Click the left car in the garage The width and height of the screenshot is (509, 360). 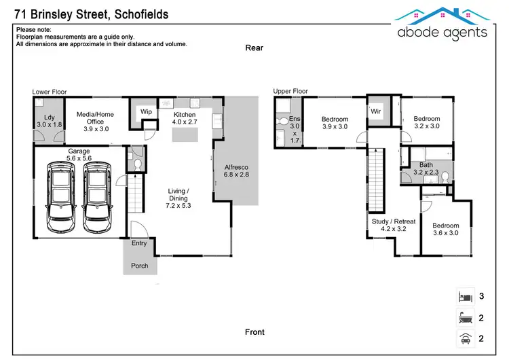click(58, 197)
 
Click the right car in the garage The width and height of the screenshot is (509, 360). click(97, 197)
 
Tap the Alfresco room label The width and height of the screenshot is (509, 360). click(237, 170)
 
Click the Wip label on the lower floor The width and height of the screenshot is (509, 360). click(146, 112)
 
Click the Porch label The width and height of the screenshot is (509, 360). click(139, 266)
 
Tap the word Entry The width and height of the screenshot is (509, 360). click(138, 243)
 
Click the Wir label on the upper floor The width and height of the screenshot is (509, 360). click(375, 111)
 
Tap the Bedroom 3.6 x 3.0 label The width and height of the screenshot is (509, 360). click(445, 230)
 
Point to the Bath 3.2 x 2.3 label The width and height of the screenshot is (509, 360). click(426, 168)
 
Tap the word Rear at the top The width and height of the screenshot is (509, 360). click(254, 48)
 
